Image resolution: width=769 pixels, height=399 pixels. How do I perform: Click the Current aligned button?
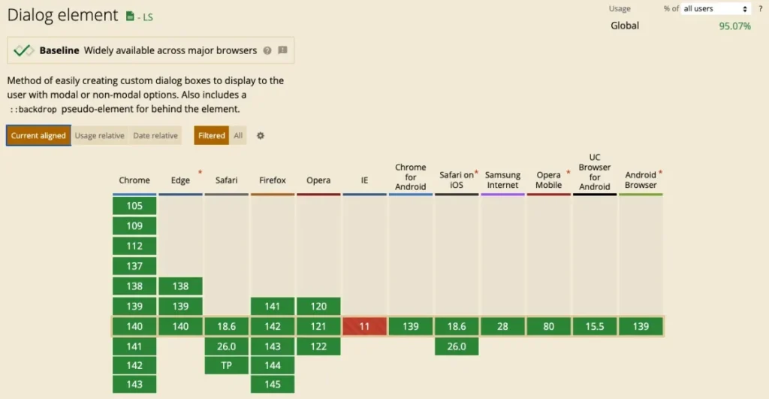point(38,136)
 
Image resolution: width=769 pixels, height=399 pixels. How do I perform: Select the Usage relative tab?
point(99,136)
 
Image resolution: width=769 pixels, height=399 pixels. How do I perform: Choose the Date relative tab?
point(155,136)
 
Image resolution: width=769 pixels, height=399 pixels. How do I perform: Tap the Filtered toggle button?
point(212,136)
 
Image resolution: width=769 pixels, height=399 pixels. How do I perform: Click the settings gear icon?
point(261,136)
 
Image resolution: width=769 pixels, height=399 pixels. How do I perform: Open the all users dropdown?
point(715,9)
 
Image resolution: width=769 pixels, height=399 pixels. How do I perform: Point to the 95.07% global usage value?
point(734,26)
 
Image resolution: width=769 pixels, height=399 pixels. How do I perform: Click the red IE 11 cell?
point(364,327)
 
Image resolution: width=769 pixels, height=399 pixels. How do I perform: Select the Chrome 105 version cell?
point(134,206)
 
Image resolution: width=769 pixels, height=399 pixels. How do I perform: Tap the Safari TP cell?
point(226,366)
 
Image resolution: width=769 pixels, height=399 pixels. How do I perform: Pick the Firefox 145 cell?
point(273,385)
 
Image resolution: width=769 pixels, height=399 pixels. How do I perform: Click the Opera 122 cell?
point(318,346)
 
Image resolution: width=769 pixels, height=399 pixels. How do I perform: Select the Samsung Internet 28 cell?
point(502,327)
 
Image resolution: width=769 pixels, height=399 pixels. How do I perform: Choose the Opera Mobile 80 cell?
point(548,327)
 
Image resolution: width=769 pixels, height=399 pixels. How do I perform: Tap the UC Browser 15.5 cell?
point(595,327)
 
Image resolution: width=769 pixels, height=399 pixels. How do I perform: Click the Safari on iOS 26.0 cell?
point(457,346)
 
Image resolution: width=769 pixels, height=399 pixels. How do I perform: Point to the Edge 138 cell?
point(180,286)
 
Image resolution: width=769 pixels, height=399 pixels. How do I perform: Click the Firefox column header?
point(273,180)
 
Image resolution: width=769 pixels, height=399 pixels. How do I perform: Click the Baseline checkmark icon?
point(23,50)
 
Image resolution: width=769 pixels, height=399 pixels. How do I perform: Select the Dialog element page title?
point(62,15)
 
